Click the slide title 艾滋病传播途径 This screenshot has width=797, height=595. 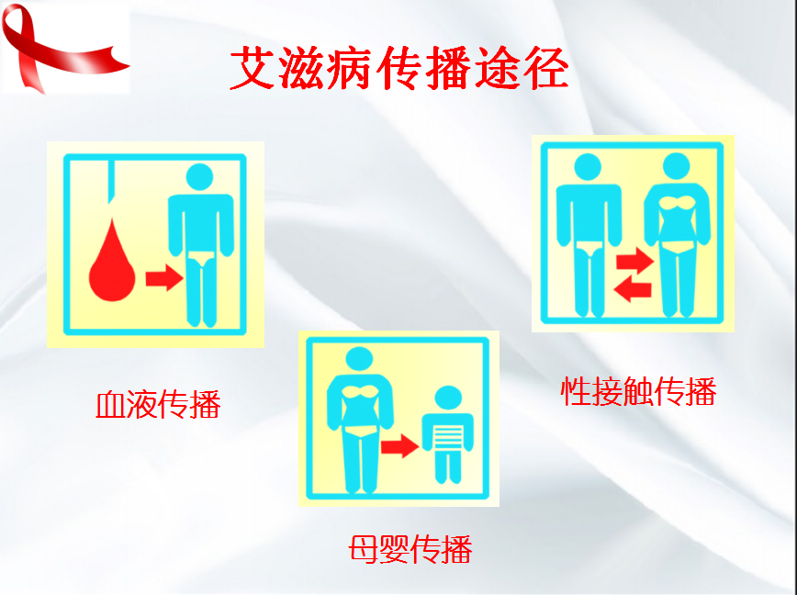click(x=398, y=70)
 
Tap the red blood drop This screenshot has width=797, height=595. click(x=112, y=263)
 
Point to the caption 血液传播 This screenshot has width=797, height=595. click(x=159, y=404)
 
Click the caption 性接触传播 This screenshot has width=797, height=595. click(x=638, y=391)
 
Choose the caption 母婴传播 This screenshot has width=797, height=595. click(x=410, y=548)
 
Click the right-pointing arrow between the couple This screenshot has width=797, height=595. click(x=633, y=262)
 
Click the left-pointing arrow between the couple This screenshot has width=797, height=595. click(x=633, y=289)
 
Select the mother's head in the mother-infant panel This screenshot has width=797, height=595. click(x=358, y=361)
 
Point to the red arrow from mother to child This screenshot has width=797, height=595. click(x=399, y=447)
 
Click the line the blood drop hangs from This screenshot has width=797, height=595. click(x=111, y=184)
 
